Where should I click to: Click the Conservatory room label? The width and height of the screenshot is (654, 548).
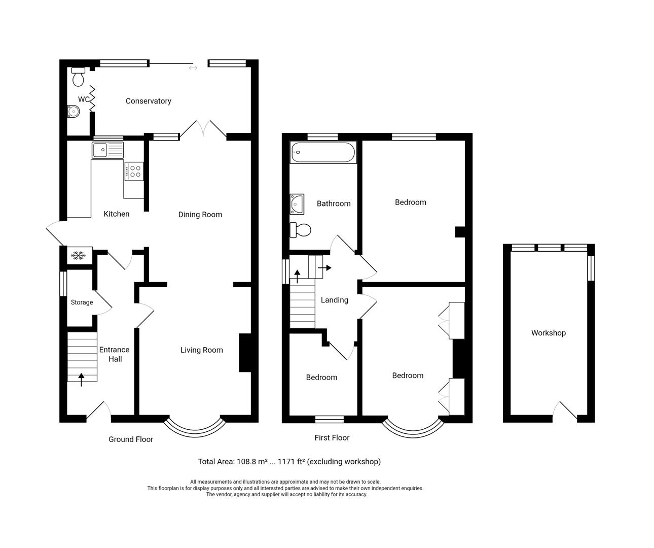pos(148,101)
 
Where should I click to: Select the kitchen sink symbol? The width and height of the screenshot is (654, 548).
pos(107,150)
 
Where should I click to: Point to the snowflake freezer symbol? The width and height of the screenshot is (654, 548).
pos(79,256)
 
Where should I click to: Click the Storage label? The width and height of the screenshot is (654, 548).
pos(82,302)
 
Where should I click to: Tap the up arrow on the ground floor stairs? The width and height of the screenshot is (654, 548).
pos(82,379)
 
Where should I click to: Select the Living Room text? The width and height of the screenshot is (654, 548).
pos(201,350)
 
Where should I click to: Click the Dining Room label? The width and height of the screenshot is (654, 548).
pos(200,215)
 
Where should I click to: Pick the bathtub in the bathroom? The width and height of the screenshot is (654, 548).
pos(323,152)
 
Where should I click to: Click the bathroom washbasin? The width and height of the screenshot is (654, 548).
pos(297,203)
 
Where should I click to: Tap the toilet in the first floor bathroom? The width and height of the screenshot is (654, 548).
pos(300,230)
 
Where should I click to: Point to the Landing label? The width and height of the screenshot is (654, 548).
pos(334,300)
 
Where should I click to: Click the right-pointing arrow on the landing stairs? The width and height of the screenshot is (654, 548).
pos(325,267)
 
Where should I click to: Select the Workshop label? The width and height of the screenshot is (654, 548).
pos(548,333)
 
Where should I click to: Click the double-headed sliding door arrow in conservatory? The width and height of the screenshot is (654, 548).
pos(193,68)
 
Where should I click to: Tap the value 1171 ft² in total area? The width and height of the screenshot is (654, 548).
pos(289,461)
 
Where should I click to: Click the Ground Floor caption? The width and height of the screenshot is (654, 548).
pos(130,439)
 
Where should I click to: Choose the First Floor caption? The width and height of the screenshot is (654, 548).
pos(332,437)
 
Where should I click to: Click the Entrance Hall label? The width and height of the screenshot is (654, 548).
pos(114,354)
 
